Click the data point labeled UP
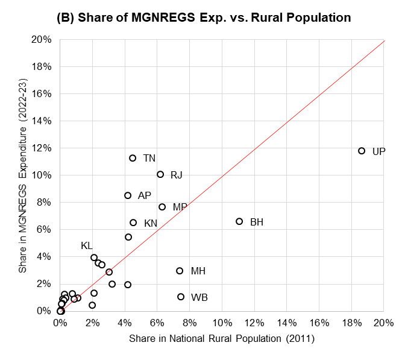(x=362, y=151)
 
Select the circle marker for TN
(x=133, y=158)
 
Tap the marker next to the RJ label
(x=160, y=174)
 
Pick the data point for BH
(x=239, y=221)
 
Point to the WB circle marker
(x=181, y=297)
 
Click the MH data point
(x=180, y=271)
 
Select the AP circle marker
(x=128, y=195)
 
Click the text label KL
(x=87, y=246)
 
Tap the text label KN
(x=151, y=223)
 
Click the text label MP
(x=180, y=207)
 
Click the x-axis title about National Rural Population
(x=222, y=339)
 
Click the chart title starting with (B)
(x=204, y=18)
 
